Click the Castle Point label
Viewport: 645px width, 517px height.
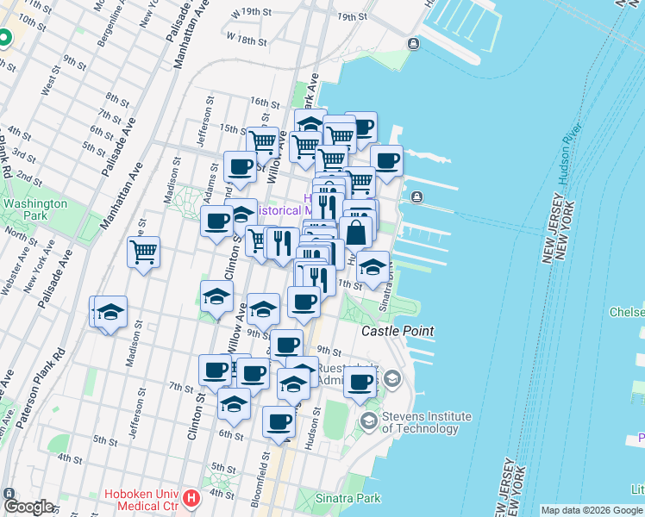coord(397,331)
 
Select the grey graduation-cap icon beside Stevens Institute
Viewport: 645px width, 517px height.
coord(392,379)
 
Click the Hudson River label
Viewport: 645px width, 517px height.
coord(568,154)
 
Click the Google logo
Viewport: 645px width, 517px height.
coord(28,507)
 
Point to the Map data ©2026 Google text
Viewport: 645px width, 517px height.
coord(591,510)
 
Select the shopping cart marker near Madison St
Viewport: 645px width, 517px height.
coord(143,252)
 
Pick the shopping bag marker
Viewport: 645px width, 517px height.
coord(355,233)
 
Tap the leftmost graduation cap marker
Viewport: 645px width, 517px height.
coord(110,313)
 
